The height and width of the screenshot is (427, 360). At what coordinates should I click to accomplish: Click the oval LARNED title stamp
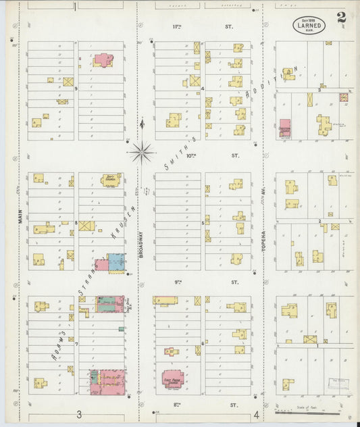(x=309, y=26)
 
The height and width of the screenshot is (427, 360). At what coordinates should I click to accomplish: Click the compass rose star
(x=143, y=152)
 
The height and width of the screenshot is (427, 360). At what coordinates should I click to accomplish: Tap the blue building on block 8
(x=116, y=262)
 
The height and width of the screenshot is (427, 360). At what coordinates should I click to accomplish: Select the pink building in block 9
(x=103, y=60)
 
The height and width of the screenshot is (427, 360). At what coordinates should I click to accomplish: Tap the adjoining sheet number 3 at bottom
(x=79, y=415)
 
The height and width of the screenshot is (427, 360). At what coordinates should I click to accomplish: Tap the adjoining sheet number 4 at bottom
(x=257, y=415)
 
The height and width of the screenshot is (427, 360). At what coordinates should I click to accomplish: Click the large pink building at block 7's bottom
(x=107, y=382)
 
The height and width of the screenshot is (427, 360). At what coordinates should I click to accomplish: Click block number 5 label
(x=202, y=222)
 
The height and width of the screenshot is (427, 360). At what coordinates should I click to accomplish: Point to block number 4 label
(x=202, y=88)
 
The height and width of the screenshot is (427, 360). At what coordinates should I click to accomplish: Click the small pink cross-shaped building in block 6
(x=172, y=351)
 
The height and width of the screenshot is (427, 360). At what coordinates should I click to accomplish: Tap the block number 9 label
(x=76, y=88)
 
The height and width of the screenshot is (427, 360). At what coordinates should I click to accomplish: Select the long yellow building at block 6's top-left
(x=165, y=300)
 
